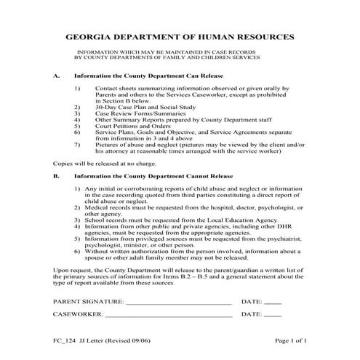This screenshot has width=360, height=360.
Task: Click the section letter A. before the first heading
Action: coord(57,76)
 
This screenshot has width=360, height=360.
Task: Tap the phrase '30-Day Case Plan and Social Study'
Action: coord(137,105)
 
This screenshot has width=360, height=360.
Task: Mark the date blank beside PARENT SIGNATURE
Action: coord(272,301)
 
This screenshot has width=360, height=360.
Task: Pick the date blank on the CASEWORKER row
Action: coord(272,316)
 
